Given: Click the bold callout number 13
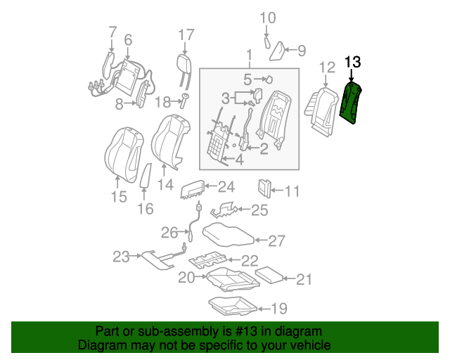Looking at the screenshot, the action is [x=353, y=62].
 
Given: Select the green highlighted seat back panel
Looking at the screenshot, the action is [x=351, y=103].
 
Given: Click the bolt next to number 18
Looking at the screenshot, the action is [x=184, y=101].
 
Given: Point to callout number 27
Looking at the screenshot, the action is [x=276, y=241].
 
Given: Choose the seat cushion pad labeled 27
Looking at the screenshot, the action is [x=228, y=235].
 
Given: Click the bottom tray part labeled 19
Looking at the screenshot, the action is [x=233, y=306].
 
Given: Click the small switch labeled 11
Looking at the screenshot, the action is [x=265, y=188].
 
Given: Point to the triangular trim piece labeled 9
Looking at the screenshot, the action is [x=276, y=51].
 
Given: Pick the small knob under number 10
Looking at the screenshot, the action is [x=267, y=43].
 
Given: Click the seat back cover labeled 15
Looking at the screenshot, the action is [x=124, y=155].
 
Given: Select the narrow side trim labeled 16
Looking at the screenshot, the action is [x=146, y=175].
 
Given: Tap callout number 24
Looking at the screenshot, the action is [x=226, y=187].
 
